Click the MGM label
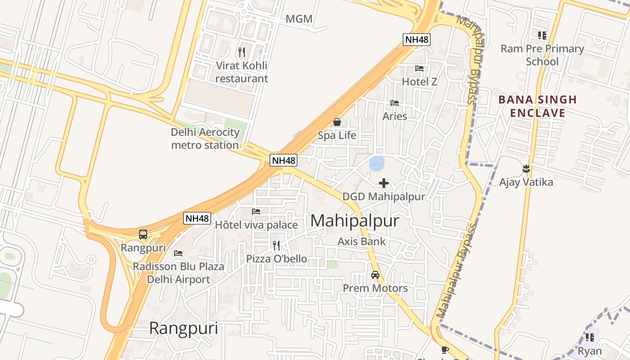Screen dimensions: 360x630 tap(299, 19)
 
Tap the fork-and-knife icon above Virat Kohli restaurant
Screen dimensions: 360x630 tap(242, 52)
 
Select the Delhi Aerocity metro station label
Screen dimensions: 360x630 tap(205, 139)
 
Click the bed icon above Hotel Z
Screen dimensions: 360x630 tap(419, 68)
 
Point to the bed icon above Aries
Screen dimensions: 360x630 tap(395, 103)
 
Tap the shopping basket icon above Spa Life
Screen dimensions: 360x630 tap(337, 122)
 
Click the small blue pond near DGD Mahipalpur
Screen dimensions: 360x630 tap(377, 163)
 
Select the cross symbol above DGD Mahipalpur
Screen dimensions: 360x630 tap(384, 183)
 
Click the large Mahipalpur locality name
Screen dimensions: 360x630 tap(355, 221)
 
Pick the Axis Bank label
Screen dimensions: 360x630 tap(362, 241)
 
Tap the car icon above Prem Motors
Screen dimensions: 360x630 tap(375, 275)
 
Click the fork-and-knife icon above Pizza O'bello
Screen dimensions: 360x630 tap(276, 245)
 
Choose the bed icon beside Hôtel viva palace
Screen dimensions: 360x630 tap(256, 211)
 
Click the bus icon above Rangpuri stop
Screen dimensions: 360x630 tap(143, 234)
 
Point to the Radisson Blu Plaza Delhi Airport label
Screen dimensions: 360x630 tap(178, 273)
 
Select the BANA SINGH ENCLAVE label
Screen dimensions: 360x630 tap(537, 106)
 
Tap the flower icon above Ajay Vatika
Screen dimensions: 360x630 tap(526, 169)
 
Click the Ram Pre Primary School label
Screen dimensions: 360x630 tap(542, 55)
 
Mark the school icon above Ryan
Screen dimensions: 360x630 tap(589, 337)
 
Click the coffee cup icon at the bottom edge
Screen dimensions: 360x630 tap(445, 350)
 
